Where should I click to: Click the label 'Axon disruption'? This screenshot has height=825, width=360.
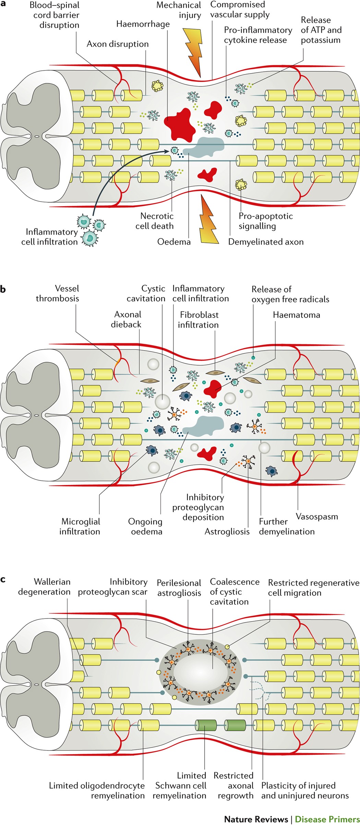[118, 44]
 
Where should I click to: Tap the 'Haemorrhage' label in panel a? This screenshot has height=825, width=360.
[143, 24]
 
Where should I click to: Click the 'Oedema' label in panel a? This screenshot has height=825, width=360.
[174, 242]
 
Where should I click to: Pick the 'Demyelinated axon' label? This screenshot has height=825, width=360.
[266, 242]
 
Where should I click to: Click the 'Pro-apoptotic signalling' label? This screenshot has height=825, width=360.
[266, 221]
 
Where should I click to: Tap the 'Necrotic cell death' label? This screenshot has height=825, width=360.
[155, 221]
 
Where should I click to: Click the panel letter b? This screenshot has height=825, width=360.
[3, 289]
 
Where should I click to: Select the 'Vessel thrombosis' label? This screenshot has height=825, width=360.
[57, 293]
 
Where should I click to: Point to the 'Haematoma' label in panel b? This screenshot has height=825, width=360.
[297, 315]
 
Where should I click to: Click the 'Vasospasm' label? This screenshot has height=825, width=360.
[317, 517]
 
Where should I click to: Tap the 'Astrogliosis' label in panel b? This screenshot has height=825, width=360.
[227, 531]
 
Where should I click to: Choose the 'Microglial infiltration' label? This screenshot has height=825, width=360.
[80, 527]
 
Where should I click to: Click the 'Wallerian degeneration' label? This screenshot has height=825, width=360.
[44, 587]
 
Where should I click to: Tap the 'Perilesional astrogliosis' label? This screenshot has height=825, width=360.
[179, 588]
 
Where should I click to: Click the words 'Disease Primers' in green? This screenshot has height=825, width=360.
[327, 819]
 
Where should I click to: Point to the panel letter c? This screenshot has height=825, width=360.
[3, 580]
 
